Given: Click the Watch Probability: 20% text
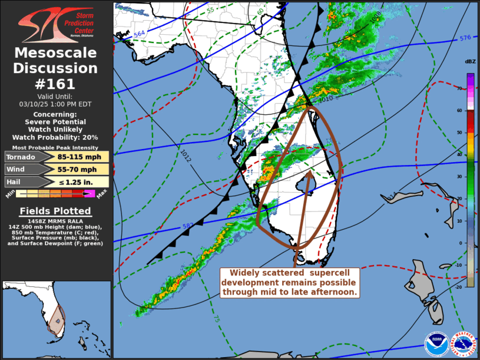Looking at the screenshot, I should click(x=55, y=137).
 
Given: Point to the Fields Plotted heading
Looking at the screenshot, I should click(x=55, y=211).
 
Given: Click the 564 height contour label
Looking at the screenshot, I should click(x=140, y=35).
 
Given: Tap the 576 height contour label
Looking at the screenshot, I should click(x=465, y=38).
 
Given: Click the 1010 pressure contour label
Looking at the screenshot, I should click(x=325, y=98).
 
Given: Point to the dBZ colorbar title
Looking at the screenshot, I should click(x=470, y=62).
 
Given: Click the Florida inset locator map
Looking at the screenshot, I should click(x=56, y=319).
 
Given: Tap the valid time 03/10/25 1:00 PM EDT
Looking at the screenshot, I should click(x=55, y=104).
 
